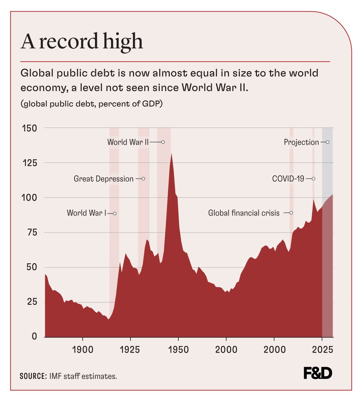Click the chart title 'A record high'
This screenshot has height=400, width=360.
(x=82, y=41)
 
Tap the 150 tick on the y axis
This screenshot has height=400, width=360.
(x=29, y=128)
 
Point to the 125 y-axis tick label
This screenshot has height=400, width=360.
(x=29, y=163)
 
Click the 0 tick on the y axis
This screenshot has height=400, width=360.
(x=34, y=336)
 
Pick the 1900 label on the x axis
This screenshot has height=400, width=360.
(x=82, y=350)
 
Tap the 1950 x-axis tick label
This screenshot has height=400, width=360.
(x=178, y=350)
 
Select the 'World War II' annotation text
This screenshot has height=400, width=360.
(x=128, y=142)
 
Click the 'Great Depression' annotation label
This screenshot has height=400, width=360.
(x=104, y=179)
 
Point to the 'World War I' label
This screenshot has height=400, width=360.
(x=86, y=213)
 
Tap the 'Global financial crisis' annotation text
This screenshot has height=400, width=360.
(x=244, y=213)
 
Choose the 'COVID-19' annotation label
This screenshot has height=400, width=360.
(x=288, y=179)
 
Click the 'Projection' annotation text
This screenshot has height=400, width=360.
(x=301, y=142)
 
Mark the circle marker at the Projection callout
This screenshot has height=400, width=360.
(x=328, y=142)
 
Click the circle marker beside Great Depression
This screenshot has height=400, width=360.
(x=143, y=179)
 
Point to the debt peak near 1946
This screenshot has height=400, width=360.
(x=171, y=154)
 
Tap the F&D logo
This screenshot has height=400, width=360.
(x=318, y=373)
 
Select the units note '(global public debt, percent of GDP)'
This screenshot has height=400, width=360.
(x=92, y=104)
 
